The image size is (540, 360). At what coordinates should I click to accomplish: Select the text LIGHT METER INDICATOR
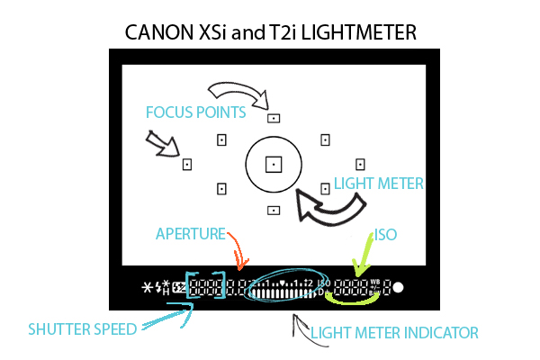pyautogui.click(x=394, y=332)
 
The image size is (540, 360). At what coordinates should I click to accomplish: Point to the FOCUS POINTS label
pyautogui.click(x=195, y=112)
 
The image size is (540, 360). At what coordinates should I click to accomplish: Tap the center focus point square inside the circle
pyautogui.click(x=273, y=164)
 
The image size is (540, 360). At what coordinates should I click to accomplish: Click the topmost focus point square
pyautogui.click(x=273, y=117)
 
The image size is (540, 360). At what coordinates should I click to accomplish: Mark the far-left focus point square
pyautogui.click(x=187, y=165)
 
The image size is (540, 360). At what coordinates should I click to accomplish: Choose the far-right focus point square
pyautogui.click(x=359, y=164)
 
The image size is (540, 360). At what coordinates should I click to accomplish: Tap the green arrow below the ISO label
pyautogui.click(x=365, y=256)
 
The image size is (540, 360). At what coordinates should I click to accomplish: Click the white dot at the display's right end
pyautogui.click(x=398, y=289)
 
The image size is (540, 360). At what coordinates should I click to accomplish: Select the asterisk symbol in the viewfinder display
pyautogui.click(x=148, y=288)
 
